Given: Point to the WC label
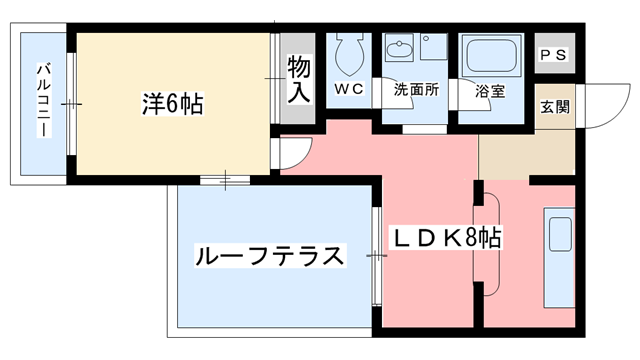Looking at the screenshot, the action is coord(348,89).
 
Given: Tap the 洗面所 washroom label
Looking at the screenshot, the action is coord(415,89).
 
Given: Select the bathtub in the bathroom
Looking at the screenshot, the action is coord(492,56).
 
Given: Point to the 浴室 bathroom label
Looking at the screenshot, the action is coord(490,89).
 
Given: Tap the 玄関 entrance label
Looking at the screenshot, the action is coord(555,106).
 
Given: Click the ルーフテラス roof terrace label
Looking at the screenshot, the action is coord(270,254).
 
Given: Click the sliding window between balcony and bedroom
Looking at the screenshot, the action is coord(71,104).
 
